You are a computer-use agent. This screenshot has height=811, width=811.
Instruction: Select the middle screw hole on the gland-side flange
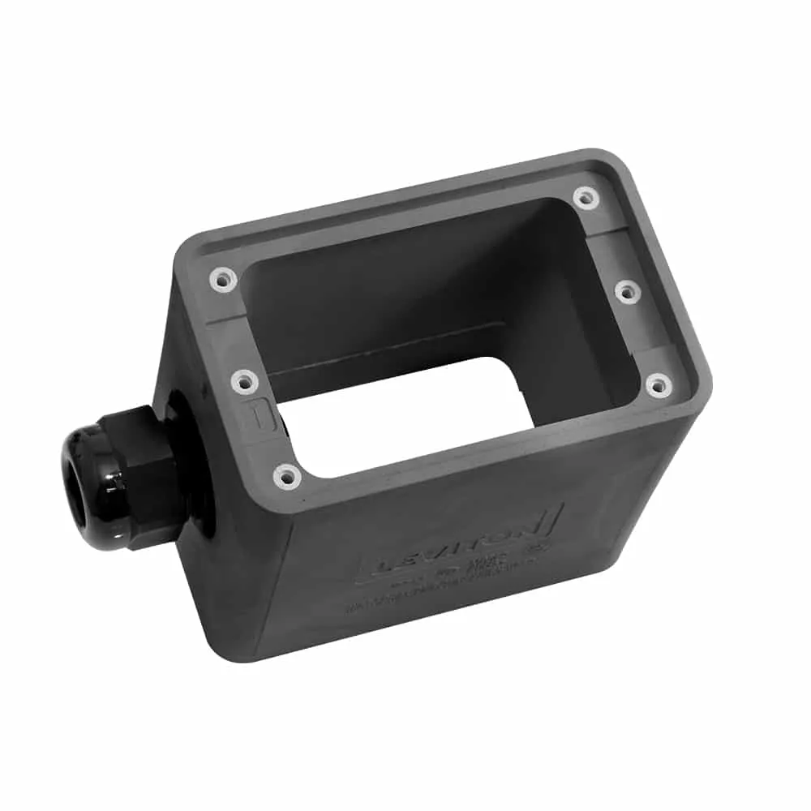click(243, 380)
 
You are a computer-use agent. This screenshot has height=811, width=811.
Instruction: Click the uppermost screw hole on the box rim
click(584, 197)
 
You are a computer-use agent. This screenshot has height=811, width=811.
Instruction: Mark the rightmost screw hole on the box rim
click(658, 385)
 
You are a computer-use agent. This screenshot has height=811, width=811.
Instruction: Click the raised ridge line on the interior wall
click(389, 349)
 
